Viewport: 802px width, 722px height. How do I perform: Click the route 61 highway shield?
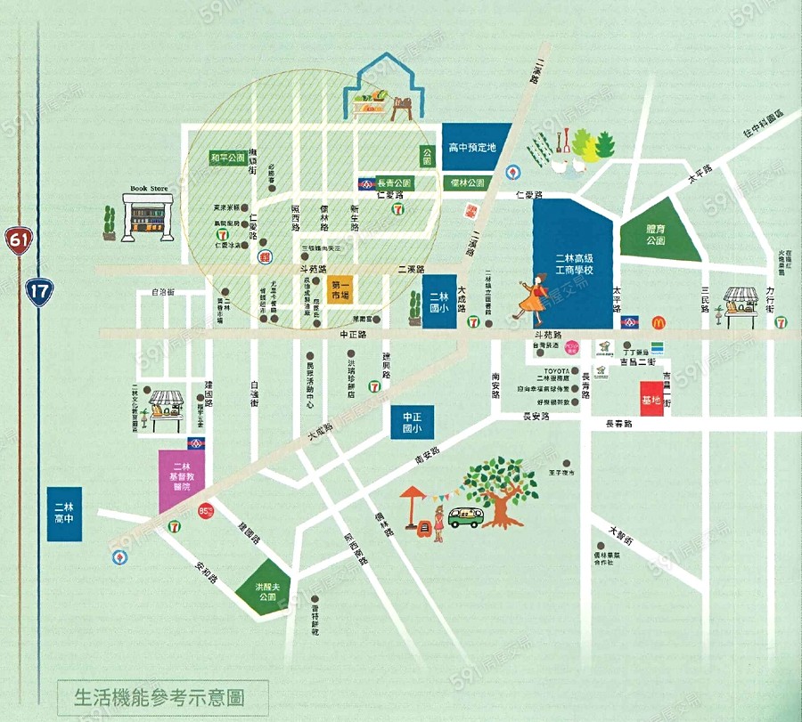[17, 239]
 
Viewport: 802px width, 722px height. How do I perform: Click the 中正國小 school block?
[411, 421]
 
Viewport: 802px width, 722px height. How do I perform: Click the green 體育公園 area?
[657, 234]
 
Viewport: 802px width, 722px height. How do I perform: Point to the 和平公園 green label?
[226, 158]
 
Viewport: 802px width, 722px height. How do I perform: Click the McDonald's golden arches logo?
[659, 322]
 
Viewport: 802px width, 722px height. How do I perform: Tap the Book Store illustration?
[149, 214]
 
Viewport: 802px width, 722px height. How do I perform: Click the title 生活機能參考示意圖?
[160, 694]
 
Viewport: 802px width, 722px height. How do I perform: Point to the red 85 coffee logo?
[207, 512]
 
